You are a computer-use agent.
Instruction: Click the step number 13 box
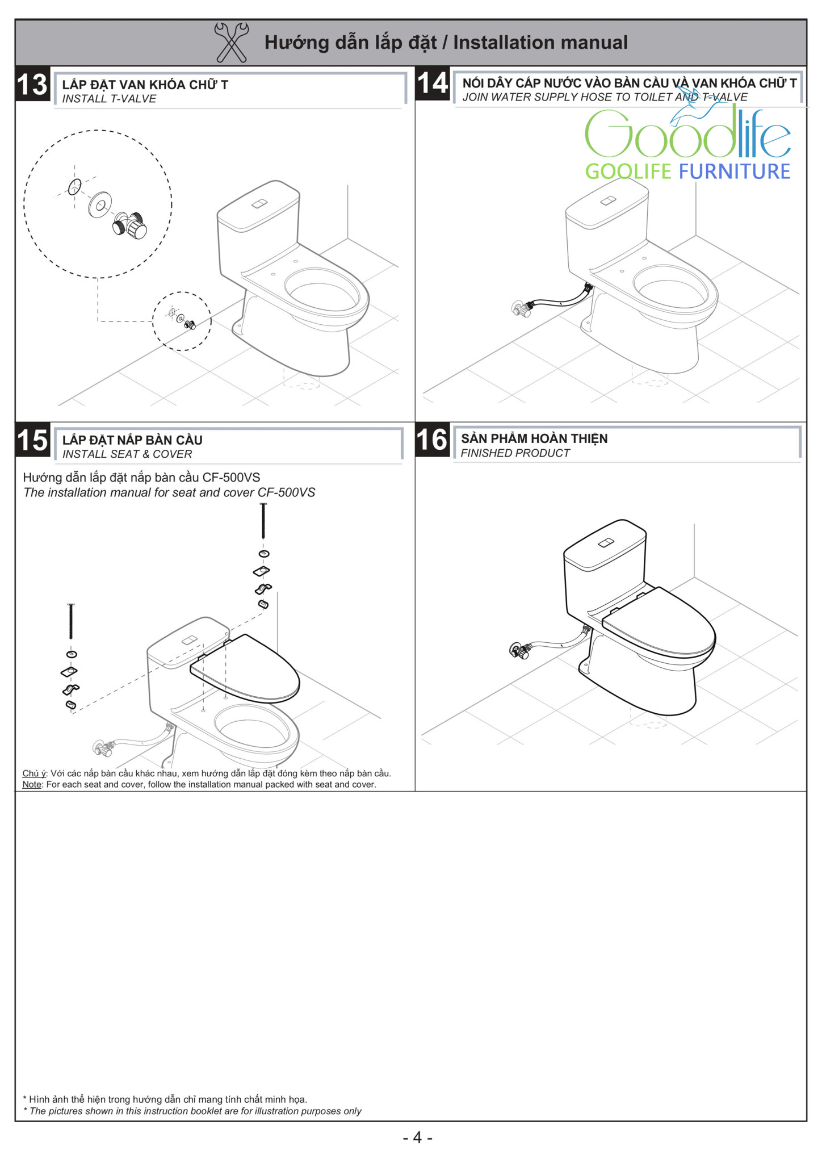(x=32, y=85)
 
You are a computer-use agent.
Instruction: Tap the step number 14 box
(x=433, y=83)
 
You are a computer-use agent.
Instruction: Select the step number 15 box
(x=33, y=440)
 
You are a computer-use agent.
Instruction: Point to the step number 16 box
(x=433, y=440)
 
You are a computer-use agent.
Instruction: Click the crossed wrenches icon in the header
(x=231, y=42)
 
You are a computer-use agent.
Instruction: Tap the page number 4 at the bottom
(x=417, y=1137)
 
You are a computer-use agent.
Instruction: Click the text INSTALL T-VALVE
(x=109, y=99)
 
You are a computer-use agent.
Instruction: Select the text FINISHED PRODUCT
(x=515, y=453)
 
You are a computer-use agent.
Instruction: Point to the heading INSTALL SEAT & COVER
(x=127, y=454)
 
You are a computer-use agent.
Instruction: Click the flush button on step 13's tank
(x=260, y=204)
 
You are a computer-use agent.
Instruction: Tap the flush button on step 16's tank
(x=606, y=543)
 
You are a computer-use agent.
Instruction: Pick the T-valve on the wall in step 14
(x=521, y=309)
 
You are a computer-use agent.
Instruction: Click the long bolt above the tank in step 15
(x=263, y=521)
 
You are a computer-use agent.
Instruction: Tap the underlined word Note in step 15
(x=32, y=784)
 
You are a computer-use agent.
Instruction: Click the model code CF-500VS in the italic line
(x=286, y=492)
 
